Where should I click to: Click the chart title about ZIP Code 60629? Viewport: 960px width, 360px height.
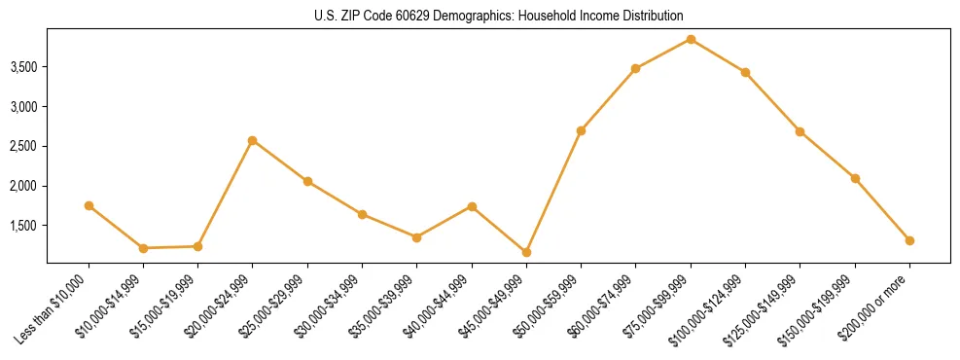point(498,17)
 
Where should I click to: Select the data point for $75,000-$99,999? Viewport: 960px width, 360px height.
point(691,40)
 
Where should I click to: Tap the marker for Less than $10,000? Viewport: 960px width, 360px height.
point(89,205)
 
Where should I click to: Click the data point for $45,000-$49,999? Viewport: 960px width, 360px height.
point(526,252)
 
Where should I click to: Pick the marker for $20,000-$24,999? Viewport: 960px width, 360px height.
point(252,140)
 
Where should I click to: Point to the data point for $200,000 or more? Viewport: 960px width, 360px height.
point(909,240)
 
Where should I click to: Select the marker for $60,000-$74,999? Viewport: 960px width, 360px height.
point(635,68)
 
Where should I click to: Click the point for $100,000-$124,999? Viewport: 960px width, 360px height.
point(745,72)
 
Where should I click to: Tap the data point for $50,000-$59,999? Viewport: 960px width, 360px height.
point(581,130)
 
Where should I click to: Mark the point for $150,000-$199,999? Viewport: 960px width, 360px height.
point(855,178)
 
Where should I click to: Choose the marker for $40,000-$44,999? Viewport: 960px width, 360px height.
point(472,206)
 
